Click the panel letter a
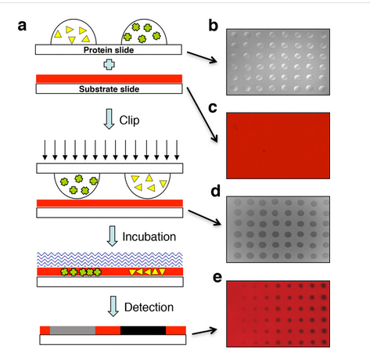(x=22, y=26)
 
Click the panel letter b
(x=214, y=26)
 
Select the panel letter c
(x=213, y=108)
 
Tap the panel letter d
(x=216, y=191)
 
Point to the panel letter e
(x=217, y=277)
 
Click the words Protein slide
(x=109, y=50)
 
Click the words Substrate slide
(x=109, y=89)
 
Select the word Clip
(x=129, y=121)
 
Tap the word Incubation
(x=149, y=237)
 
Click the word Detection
(x=149, y=308)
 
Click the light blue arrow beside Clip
(x=109, y=119)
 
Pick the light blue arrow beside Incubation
(x=113, y=236)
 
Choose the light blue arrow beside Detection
(x=113, y=306)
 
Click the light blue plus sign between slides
(x=110, y=64)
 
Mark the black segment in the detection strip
(x=143, y=330)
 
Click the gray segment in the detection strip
(x=73, y=330)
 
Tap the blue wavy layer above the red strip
(x=110, y=259)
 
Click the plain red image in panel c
(x=278, y=146)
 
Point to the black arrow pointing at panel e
(x=204, y=332)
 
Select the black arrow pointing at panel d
(x=205, y=218)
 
